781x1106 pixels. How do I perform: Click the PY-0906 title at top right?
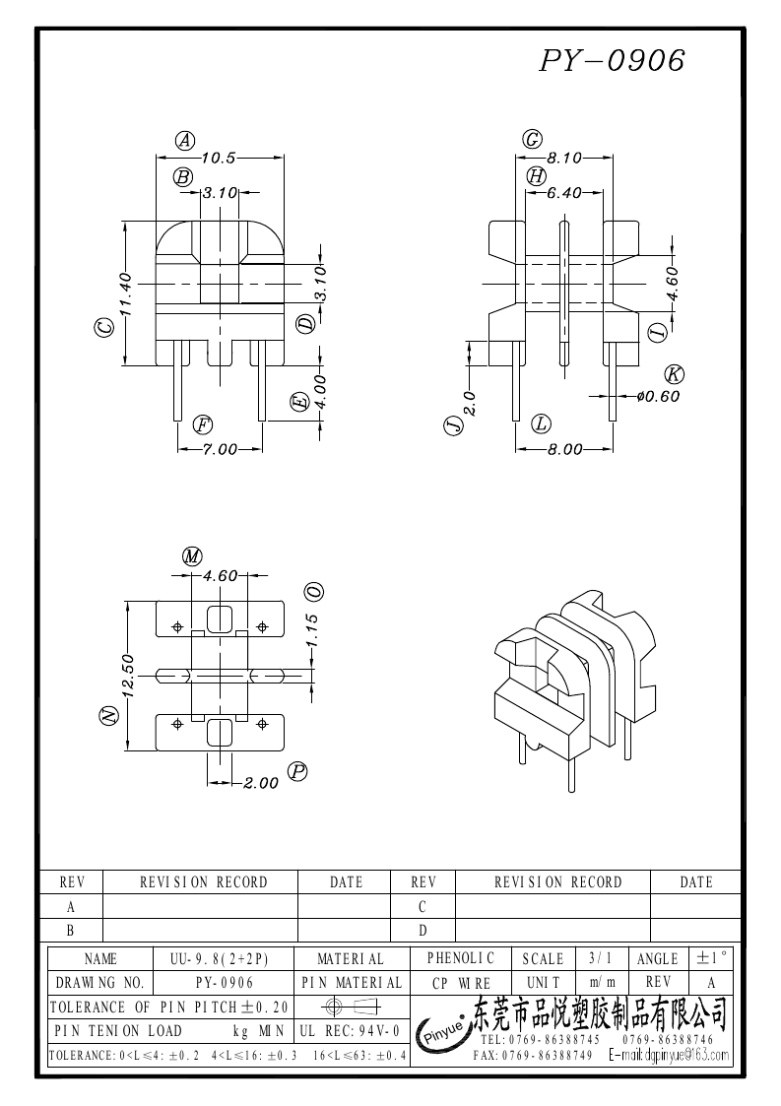click(x=612, y=62)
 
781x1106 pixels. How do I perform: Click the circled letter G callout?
click(x=532, y=140)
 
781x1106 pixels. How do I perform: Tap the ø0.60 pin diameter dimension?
click(x=658, y=396)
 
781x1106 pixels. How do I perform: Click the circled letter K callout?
click(x=675, y=373)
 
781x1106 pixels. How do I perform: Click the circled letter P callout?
click(x=295, y=772)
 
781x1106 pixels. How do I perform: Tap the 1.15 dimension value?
click(x=312, y=631)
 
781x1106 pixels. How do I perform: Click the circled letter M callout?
click(x=192, y=556)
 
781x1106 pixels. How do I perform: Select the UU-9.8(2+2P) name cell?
click(x=226, y=958)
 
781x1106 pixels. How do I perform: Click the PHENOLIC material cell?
click(x=465, y=958)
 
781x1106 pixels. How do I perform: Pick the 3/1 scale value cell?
click(x=599, y=958)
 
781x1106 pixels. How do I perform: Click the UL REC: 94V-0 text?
click(x=349, y=1031)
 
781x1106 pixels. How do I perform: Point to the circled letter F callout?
click(x=202, y=424)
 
